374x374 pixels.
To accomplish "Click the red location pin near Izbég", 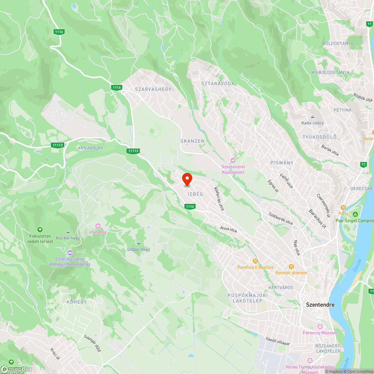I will (x=187, y=179).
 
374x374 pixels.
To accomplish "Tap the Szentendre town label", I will (x=320, y=304).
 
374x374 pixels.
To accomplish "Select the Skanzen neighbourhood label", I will (x=193, y=141).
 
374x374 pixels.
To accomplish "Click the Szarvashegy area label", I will (x=153, y=89).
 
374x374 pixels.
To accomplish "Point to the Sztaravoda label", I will (x=218, y=83).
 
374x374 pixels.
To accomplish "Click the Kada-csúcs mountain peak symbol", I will (x=312, y=117).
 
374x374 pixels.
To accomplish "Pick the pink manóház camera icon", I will (x=98, y=226).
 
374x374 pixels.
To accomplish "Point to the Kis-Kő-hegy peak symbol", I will (x=68, y=232).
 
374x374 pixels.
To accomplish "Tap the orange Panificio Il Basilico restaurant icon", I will (x=256, y=261).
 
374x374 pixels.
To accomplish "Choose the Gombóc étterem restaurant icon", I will (x=291, y=267).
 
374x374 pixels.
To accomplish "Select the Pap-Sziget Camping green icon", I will (x=355, y=214).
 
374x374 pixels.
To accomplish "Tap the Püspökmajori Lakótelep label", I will (x=248, y=298).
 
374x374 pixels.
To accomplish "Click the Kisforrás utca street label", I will (x=219, y=199).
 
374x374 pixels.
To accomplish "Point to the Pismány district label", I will (x=282, y=163).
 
